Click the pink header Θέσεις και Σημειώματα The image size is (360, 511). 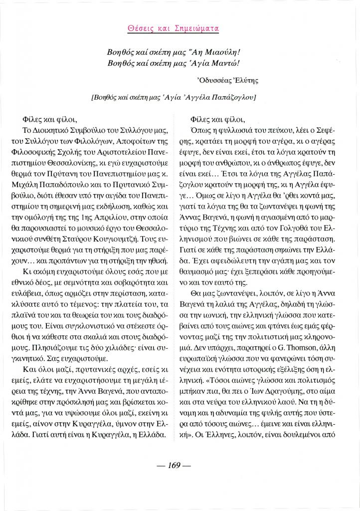tap(180, 28)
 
